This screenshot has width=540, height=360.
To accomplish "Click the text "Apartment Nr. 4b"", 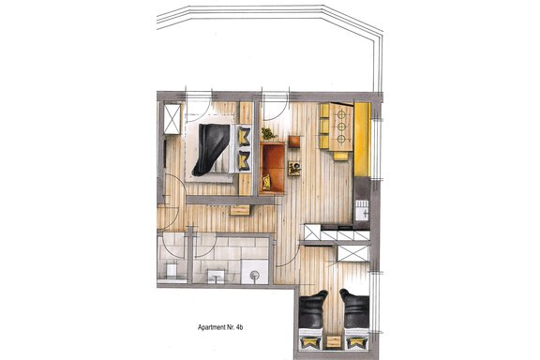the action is click(x=220, y=327).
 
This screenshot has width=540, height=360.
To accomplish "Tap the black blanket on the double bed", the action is click(x=210, y=148).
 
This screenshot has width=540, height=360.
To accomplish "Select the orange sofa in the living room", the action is click(x=272, y=168).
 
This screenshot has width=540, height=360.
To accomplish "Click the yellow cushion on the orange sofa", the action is click(x=266, y=182).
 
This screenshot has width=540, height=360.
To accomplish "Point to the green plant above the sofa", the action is click(x=268, y=133).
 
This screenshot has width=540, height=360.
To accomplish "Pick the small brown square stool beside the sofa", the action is click(x=293, y=142).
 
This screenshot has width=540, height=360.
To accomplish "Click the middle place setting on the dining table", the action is click(x=341, y=127).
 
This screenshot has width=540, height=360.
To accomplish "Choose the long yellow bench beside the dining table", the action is click(x=362, y=139).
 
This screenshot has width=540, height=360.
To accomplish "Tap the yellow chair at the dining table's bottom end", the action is click(x=340, y=156).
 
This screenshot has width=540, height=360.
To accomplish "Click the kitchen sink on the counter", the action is click(x=362, y=210).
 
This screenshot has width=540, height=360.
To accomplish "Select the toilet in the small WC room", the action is click(x=172, y=270).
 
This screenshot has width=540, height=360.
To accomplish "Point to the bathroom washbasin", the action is click(x=216, y=276).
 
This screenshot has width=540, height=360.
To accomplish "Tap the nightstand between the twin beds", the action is click(x=334, y=342).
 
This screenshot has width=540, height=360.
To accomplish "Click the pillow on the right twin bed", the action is click(x=356, y=342).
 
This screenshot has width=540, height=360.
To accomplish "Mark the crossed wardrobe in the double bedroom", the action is click(x=172, y=118).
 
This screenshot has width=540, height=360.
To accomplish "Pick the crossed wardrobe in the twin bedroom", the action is click(x=353, y=253).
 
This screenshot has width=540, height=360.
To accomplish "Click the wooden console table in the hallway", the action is click(x=240, y=210).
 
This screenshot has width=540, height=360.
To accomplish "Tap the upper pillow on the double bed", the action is click(x=244, y=136).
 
